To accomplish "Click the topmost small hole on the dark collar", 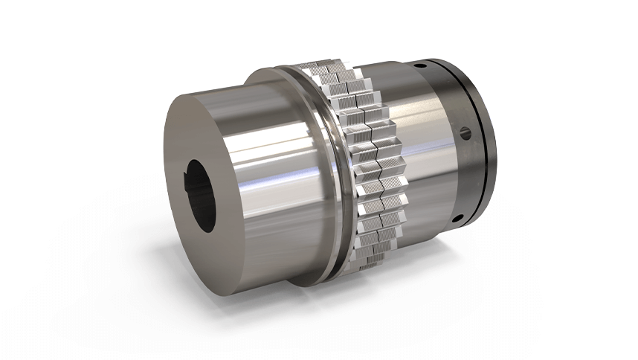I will (421, 65).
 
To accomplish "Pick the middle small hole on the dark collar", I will (466, 134).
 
